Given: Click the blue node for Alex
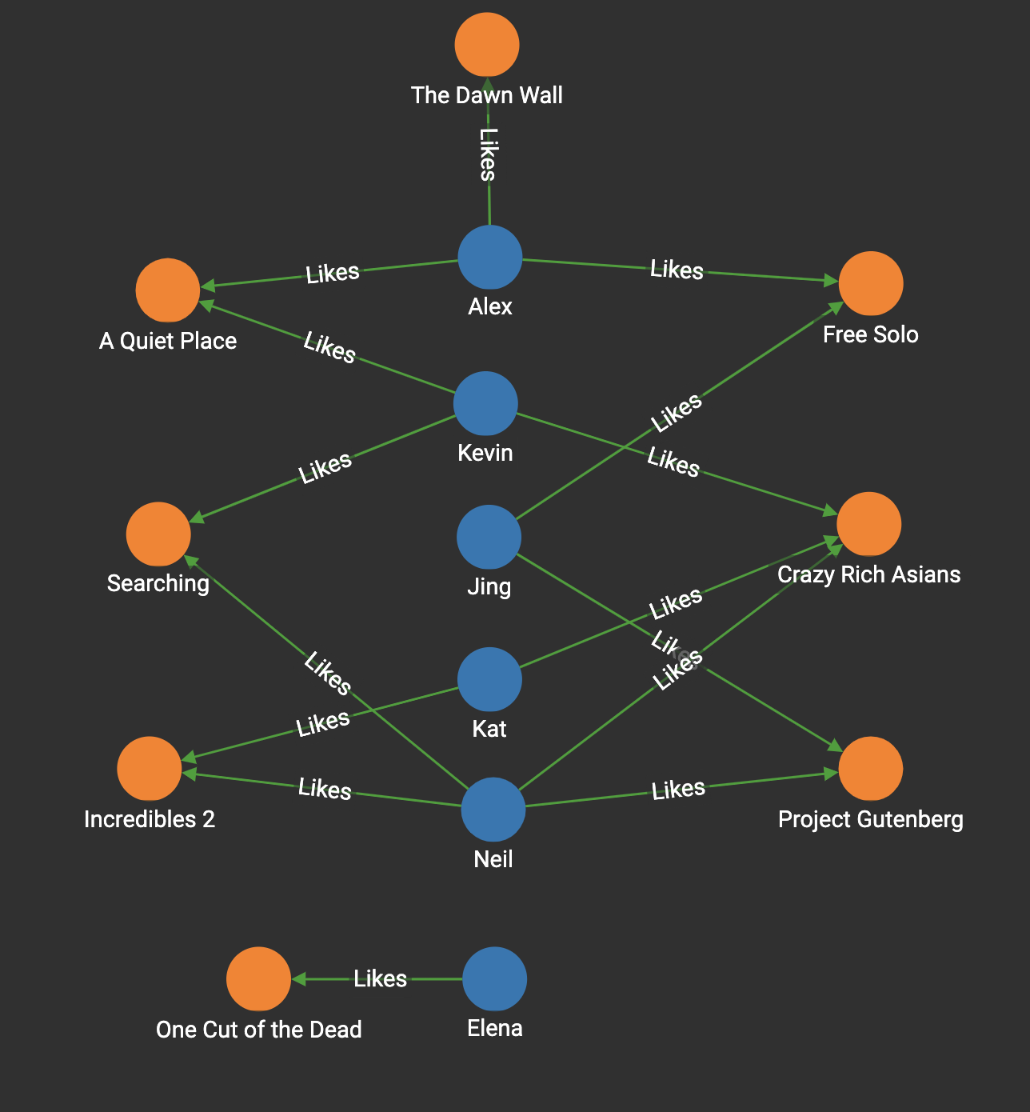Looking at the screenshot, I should [x=490, y=257].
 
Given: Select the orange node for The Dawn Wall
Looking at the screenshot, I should [x=487, y=45].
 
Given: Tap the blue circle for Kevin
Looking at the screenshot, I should [x=485, y=403].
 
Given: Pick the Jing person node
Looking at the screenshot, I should [x=489, y=537].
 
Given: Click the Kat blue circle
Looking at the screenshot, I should [x=489, y=679].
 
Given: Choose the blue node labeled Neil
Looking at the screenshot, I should [x=493, y=810].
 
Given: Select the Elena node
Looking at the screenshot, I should [x=495, y=978].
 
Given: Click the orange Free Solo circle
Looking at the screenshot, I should [x=871, y=283].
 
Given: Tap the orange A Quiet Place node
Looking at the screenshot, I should [x=168, y=290].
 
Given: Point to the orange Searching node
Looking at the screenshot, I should [x=158, y=534].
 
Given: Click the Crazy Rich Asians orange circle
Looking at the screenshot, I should [x=869, y=524].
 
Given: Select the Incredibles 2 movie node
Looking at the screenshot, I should [x=150, y=768].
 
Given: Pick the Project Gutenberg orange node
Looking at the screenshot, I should [x=871, y=768].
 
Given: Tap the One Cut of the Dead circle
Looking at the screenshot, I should [x=258, y=978].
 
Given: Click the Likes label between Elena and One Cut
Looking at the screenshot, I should [x=381, y=978].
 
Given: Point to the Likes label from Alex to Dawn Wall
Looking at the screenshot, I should [x=488, y=154].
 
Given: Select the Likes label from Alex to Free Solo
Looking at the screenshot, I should [x=677, y=270].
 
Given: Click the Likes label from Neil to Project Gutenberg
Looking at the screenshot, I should [x=678, y=790].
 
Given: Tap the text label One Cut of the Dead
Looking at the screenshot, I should [x=258, y=1030].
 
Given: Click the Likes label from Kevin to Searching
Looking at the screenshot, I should [x=325, y=468].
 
